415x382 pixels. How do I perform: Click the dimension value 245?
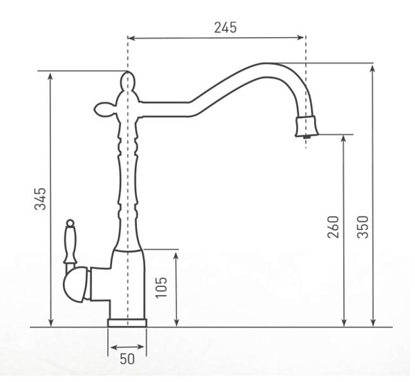pos(225,28)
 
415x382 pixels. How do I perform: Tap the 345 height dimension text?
pos(40,199)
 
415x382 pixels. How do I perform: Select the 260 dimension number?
pos(333,227)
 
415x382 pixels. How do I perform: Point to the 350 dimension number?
pos(362,227)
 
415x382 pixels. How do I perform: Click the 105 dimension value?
pos(161,287)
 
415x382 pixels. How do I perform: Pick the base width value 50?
pos(127,359)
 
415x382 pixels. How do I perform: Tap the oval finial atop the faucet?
pos(127,81)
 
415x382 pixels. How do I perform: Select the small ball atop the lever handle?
pos(70,223)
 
